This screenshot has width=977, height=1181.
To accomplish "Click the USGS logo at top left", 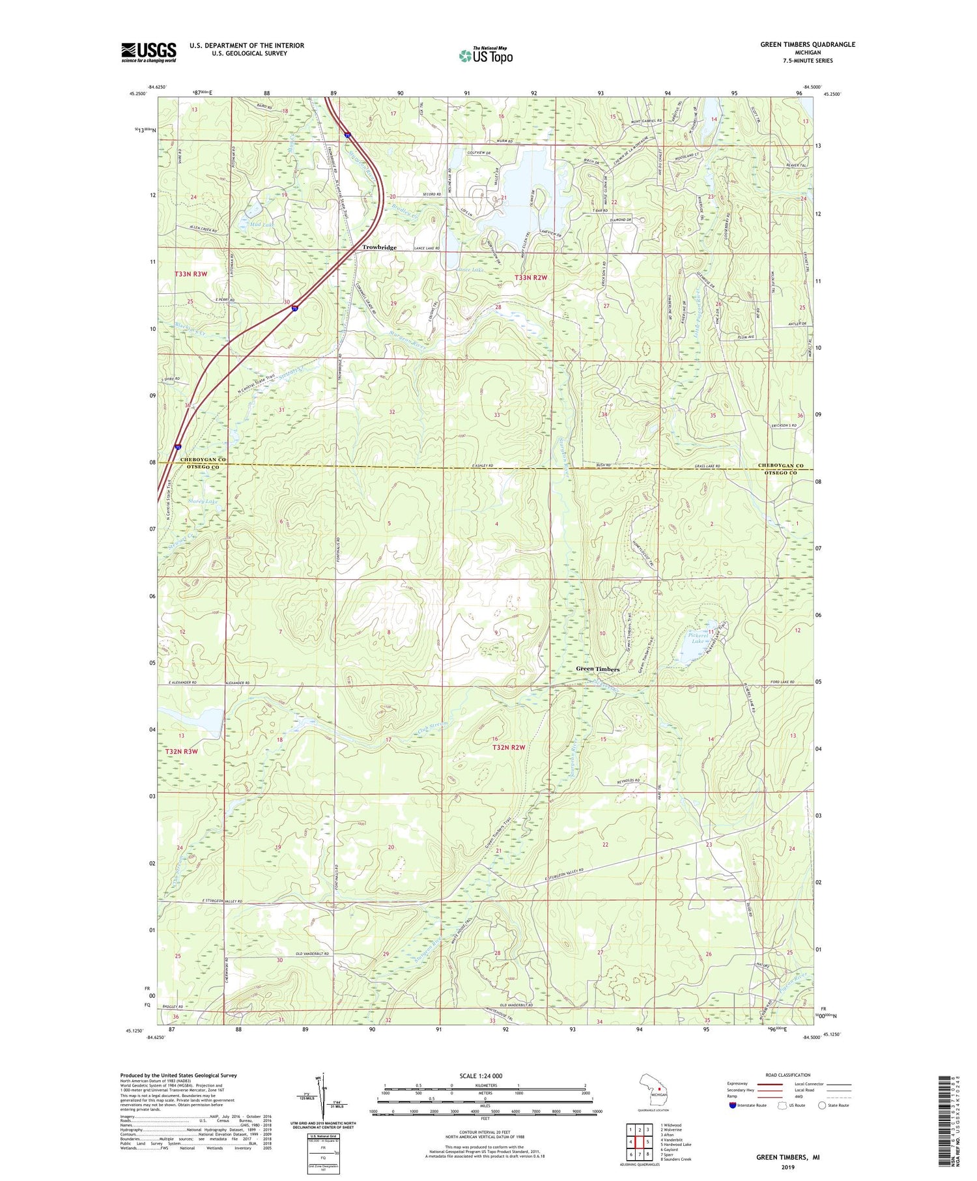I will [x=149, y=52].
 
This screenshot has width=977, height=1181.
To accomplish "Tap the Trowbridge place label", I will [x=379, y=248].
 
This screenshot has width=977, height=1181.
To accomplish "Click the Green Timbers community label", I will [x=597, y=669].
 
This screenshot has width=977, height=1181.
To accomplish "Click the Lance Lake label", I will [x=470, y=269].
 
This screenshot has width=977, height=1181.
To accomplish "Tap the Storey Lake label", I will [x=203, y=501].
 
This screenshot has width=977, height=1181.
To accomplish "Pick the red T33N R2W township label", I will [x=531, y=277].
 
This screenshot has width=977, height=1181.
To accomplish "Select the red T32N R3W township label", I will [x=181, y=751].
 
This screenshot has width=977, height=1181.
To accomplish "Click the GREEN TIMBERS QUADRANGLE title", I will [x=807, y=44].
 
